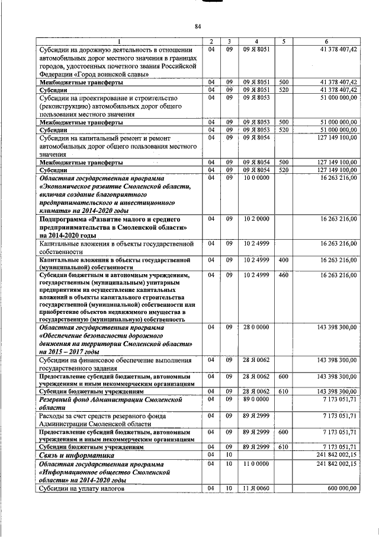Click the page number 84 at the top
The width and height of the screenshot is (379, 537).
pyautogui.click(x=198, y=26)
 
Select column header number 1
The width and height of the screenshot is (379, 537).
pyautogui.click(x=118, y=40)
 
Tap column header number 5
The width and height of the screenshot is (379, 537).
pyautogui.click(x=284, y=40)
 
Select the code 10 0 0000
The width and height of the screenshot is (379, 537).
pyautogui.click(x=256, y=177)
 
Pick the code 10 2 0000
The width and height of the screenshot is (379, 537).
pyautogui.click(x=256, y=219)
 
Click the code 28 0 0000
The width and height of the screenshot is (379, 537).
pyautogui.click(x=256, y=327)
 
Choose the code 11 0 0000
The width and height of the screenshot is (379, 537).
pyautogui.click(x=256, y=463)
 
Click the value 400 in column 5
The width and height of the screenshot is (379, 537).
pyautogui.click(x=284, y=260)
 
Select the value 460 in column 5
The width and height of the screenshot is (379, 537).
pyautogui.click(x=284, y=275)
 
